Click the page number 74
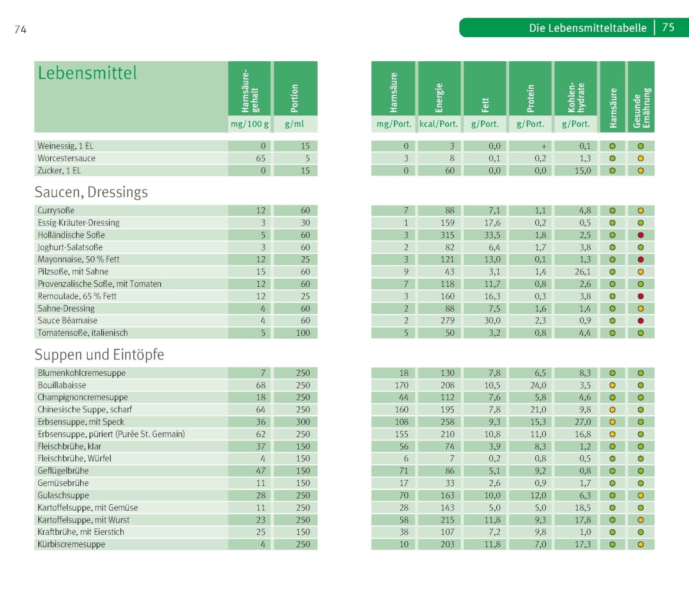[20, 29]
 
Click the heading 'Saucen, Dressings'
[91, 193]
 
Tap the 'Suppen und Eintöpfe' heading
[99, 355]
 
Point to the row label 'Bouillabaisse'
[62, 385]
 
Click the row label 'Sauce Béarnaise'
[67, 320]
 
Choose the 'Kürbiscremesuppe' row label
[71, 544]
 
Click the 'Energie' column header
[439, 98]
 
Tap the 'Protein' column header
[530, 98]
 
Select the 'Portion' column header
[295, 98]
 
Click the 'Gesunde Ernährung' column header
[641, 108]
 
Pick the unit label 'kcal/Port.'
[439, 124]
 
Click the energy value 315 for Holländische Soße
[447, 235]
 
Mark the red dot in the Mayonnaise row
[641, 260]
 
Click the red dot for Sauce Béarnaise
[641, 320]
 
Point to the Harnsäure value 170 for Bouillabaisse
[401, 385]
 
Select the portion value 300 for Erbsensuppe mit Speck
[303, 422]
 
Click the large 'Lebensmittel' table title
[87, 73]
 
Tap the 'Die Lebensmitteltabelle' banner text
[588, 28]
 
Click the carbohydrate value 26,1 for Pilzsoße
[583, 272]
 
